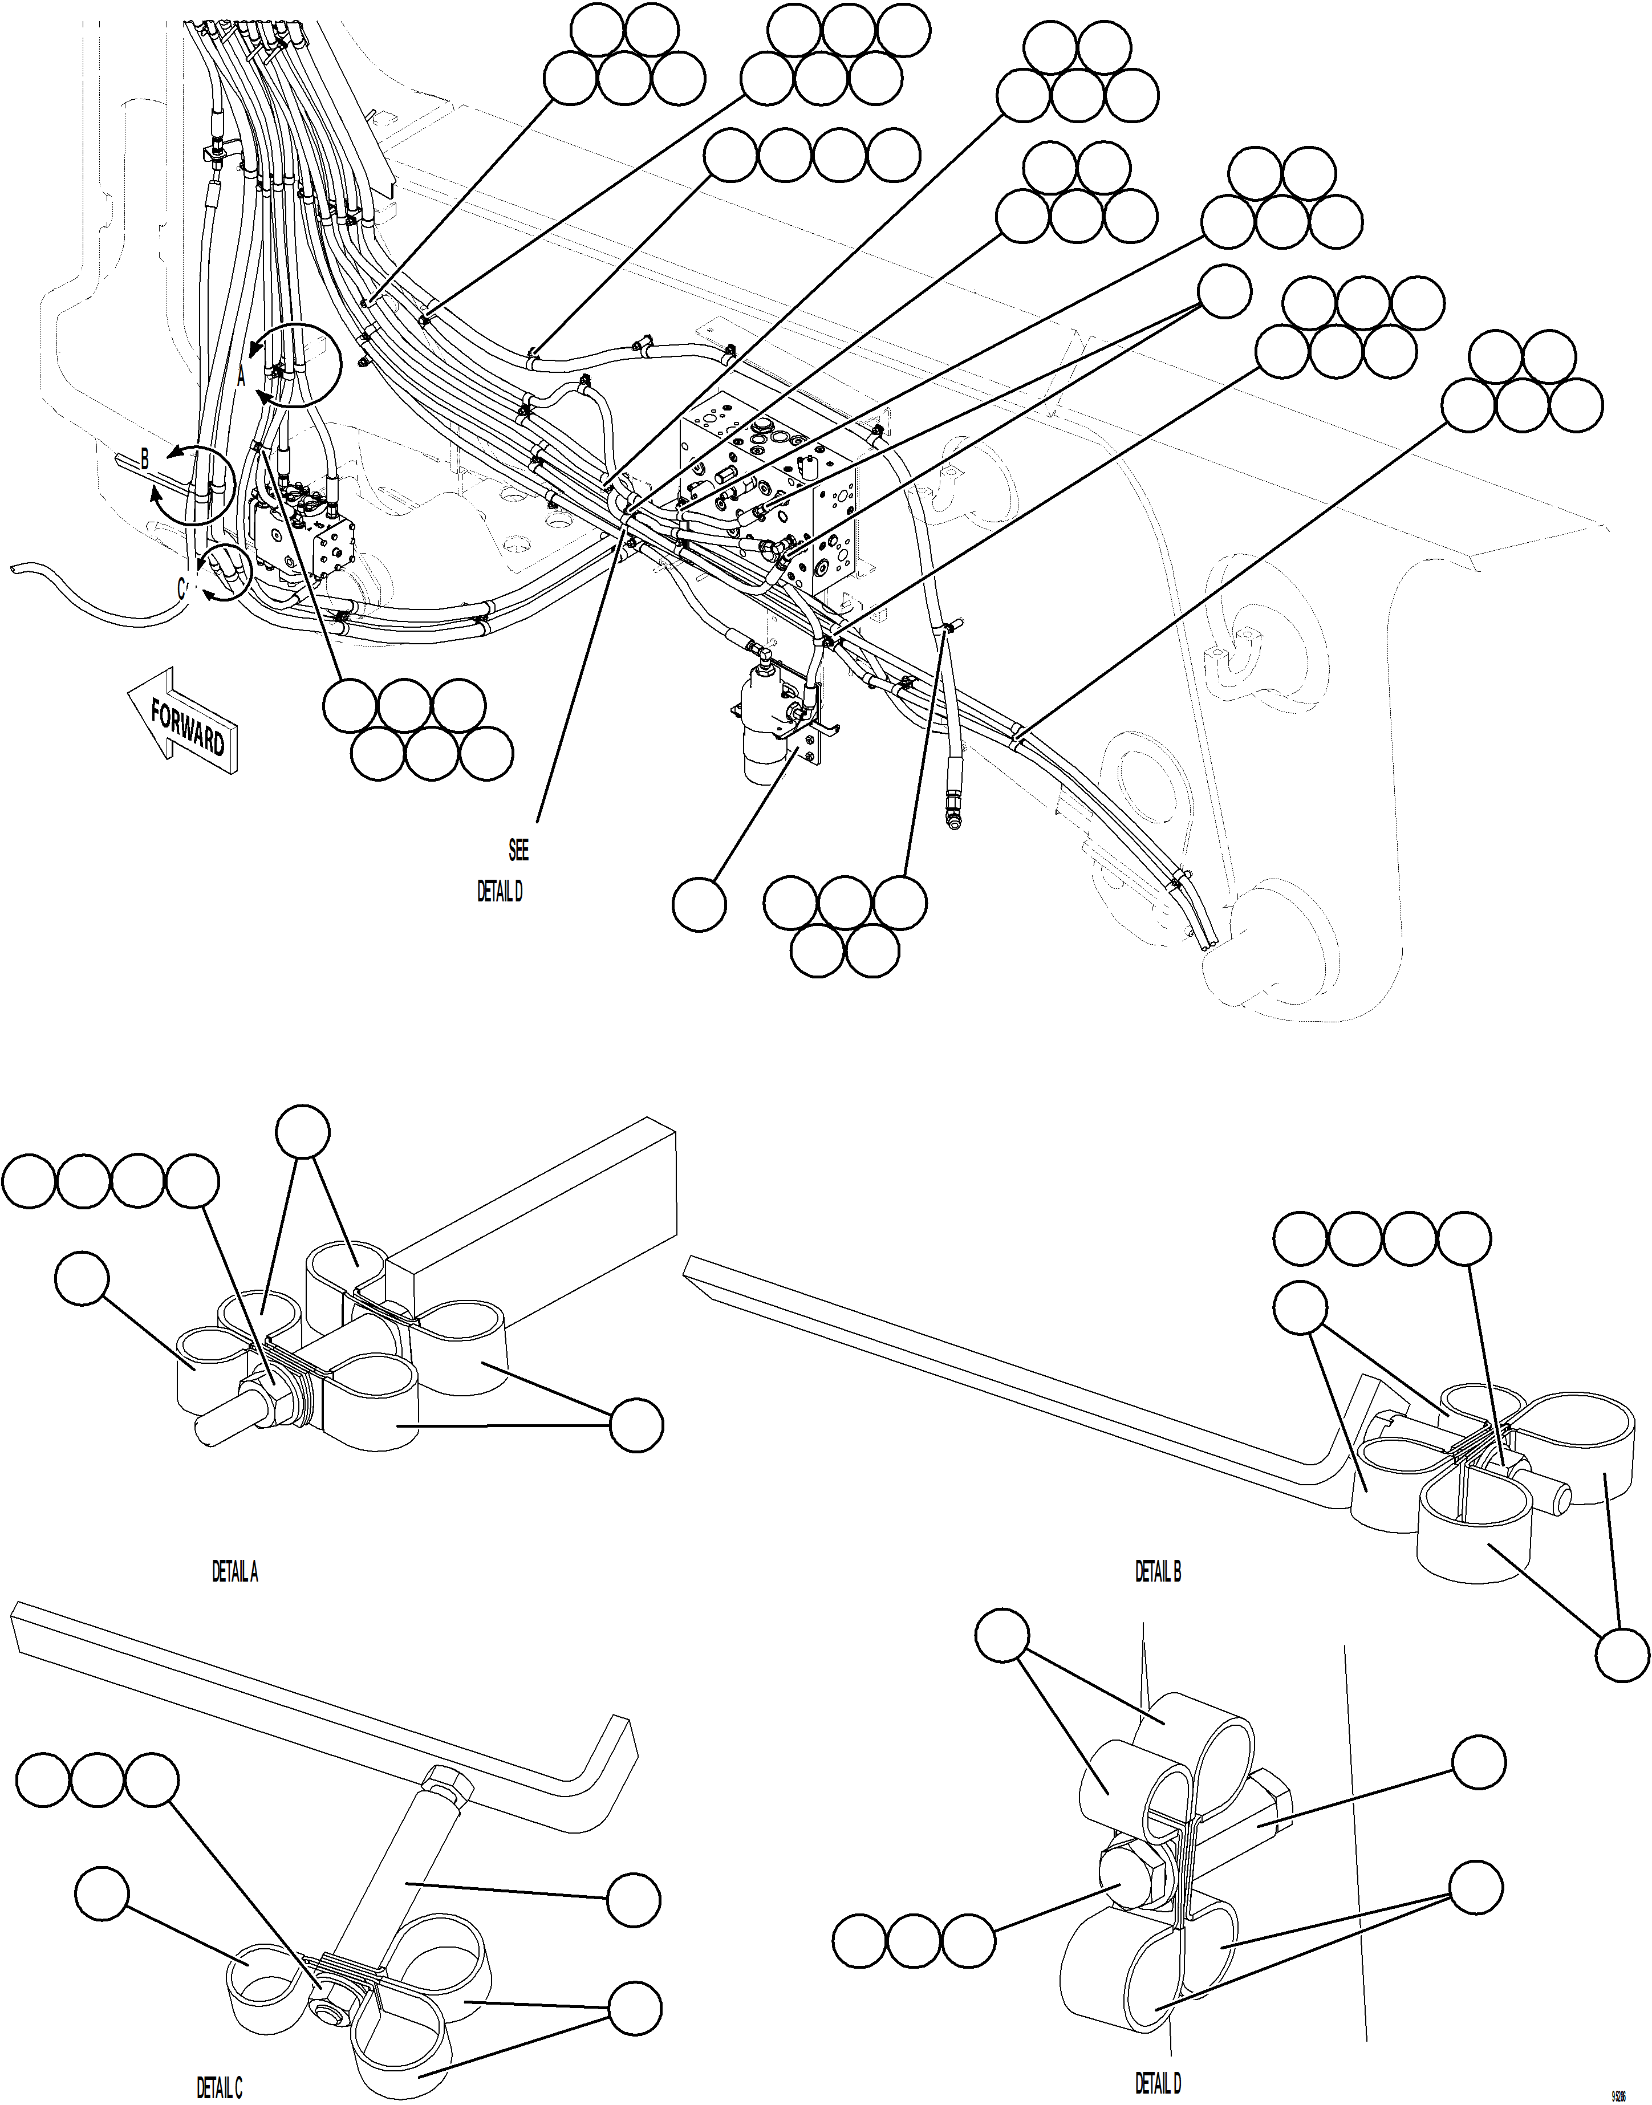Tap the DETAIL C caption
tap(220, 2087)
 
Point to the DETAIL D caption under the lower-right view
tap(1158, 2082)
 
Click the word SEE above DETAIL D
tap(518, 850)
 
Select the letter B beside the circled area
tap(144, 460)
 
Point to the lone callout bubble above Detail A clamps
tap(303, 1131)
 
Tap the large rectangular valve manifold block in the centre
tap(774, 483)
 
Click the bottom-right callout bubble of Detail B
tap(1621, 1655)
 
